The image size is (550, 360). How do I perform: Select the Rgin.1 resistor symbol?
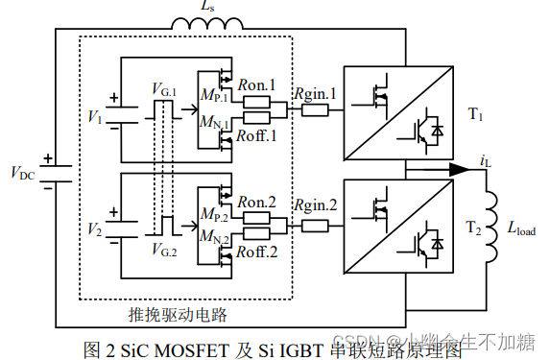(x=315, y=110)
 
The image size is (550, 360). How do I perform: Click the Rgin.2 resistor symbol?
(x=315, y=227)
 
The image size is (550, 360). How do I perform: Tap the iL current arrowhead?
(x=458, y=169)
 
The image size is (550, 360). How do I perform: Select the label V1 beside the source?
(x=93, y=116)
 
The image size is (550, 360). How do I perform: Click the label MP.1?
(x=213, y=96)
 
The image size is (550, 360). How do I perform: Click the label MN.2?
(x=213, y=239)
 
